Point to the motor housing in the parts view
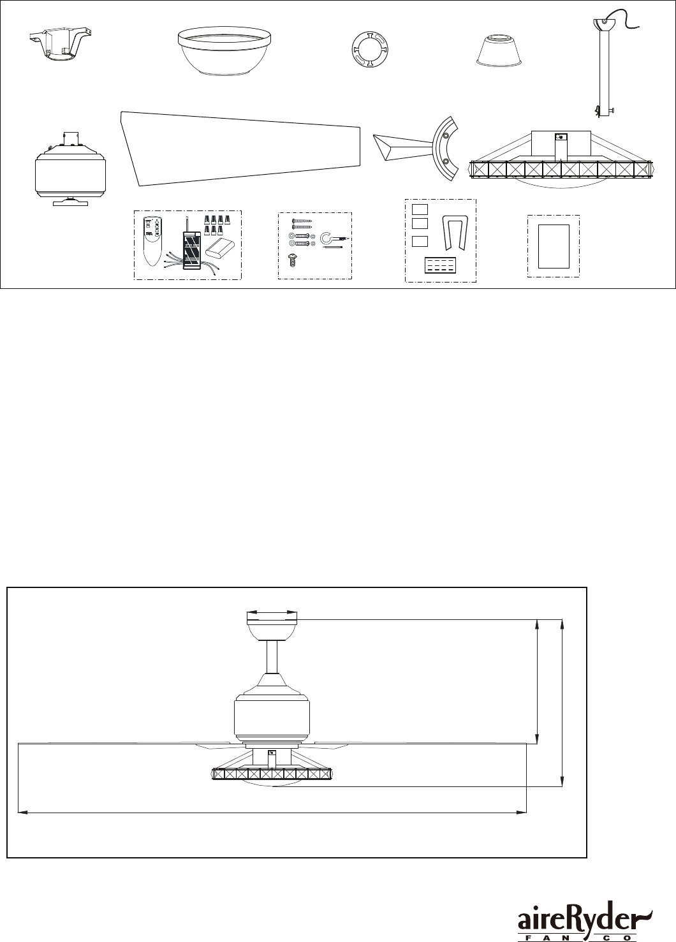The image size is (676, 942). coord(70,168)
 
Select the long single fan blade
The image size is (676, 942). coord(242,147)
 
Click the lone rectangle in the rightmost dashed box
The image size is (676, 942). coord(553,246)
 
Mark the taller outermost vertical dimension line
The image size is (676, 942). coord(562,702)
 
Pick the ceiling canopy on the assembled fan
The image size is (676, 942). coord(272,628)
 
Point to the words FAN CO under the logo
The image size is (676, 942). coord(575,938)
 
